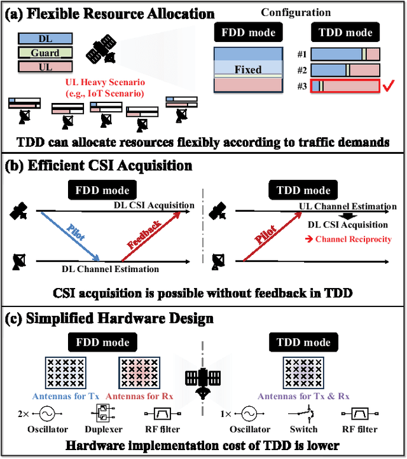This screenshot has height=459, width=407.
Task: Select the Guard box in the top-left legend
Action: tap(45, 53)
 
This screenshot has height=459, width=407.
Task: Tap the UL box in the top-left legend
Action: tap(45, 65)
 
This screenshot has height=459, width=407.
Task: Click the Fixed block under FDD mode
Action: tap(247, 69)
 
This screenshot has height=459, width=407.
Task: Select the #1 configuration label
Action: tap(302, 55)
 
